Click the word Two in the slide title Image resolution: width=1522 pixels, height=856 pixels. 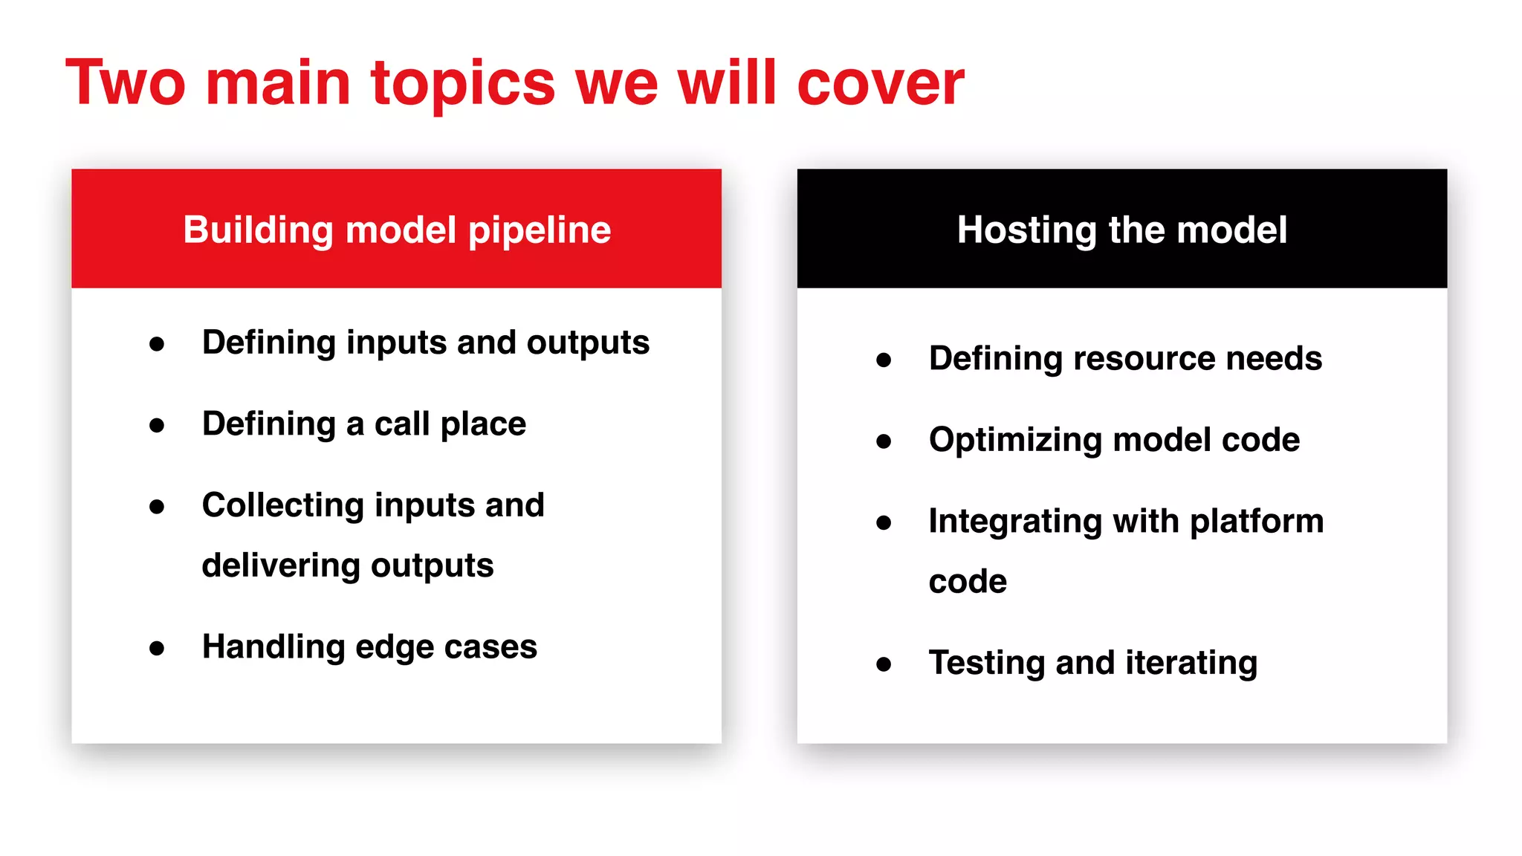(x=125, y=83)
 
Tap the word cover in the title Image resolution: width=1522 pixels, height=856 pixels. (x=880, y=83)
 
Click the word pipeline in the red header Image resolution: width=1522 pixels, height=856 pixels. (x=540, y=230)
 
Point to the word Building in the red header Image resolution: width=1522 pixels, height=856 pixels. (x=258, y=230)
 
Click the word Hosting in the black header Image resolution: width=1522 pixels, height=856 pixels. (x=1026, y=230)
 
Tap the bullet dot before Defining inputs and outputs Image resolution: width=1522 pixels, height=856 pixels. (x=157, y=344)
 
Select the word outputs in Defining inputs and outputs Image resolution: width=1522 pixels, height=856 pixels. (x=588, y=343)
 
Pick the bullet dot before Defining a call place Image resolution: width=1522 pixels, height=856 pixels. (x=157, y=425)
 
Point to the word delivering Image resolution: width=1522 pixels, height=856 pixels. (x=280, y=565)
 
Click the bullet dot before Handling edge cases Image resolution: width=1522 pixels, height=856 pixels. (x=157, y=648)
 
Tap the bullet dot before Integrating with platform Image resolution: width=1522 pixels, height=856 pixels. (x=884, y=522)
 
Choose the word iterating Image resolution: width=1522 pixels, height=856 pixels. (x=1191, y=663)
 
